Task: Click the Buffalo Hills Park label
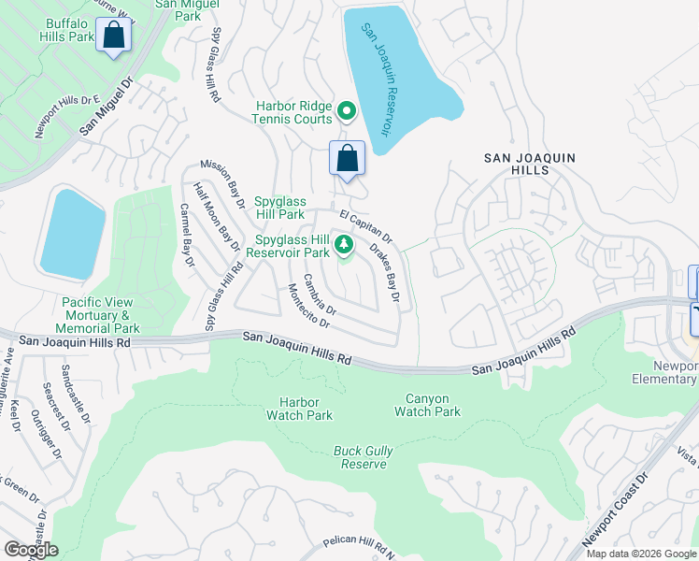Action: (x=67, y=29)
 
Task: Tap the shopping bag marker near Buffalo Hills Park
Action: (x=114, y=36)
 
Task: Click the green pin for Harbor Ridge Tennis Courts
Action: (x=346, y=112)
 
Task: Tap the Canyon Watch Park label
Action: (x=427, y=405)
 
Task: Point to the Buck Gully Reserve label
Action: (x=364, y=457)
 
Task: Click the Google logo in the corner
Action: (x=31, y=549)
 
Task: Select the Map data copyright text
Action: (x=641, y=554)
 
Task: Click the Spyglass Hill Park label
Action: (x=280, y=208)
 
